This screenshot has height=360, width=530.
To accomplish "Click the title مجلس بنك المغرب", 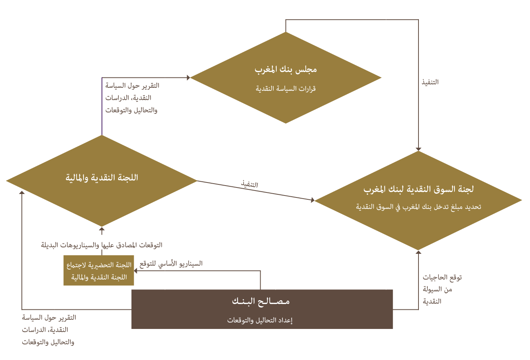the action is point(286,69).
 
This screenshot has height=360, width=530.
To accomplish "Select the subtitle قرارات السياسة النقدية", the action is point(286,89).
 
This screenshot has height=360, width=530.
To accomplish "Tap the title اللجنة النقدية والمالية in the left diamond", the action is point(102,178).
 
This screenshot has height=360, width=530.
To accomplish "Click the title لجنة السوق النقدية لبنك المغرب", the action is point(418,189).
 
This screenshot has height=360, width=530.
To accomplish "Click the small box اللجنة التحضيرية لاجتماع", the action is point(98,270).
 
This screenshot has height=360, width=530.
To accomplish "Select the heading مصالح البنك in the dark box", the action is point(261,301).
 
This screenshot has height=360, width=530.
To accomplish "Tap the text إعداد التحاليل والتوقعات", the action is point(260,320).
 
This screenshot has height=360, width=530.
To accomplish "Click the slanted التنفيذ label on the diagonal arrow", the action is point(249,184).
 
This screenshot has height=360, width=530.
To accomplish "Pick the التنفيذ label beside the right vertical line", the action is point(430,82).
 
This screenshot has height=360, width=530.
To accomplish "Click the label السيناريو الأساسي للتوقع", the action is point(171,264).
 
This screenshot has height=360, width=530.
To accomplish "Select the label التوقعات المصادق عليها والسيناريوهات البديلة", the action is point(102,245).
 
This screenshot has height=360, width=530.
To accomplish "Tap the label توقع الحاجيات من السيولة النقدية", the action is point(442,289).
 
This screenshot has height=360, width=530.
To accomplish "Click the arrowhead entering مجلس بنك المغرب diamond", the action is point(188,77).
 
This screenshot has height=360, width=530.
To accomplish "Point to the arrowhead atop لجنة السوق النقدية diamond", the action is point(418,149).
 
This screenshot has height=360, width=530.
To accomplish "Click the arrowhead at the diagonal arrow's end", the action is point(313,200).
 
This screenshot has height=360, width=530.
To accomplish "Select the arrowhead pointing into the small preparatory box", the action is point(136,271).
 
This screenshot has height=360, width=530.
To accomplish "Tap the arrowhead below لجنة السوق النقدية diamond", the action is point(418,252).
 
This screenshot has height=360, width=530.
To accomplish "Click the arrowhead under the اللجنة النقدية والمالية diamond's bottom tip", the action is point(102,229).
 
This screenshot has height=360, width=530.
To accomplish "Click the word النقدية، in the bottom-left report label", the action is point(57,330).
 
